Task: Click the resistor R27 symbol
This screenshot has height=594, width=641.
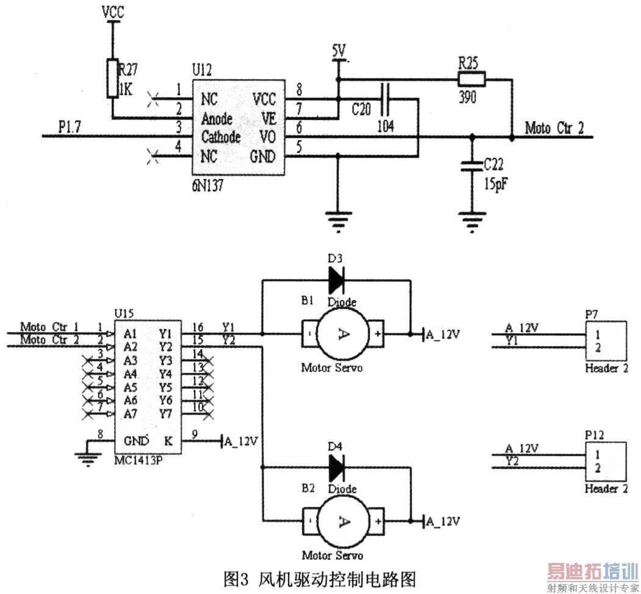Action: pyautogui.click(x=112, y=78)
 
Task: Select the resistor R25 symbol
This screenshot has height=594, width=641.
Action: pyautogui.click(x=471, y=78)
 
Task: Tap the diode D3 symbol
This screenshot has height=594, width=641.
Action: pyautogui.click(x=336, y=280)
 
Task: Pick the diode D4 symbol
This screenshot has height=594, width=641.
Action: pyautogui.click(x=336, y=468)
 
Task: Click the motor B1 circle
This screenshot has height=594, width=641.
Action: pyautogui.click(x=342, y=334)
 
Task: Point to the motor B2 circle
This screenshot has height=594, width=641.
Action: pyautogui.click(x=342, y=522)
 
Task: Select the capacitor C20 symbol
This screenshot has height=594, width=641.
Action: pyautogui.click(x=385, y=99)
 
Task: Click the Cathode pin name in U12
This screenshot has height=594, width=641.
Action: pyautogui.click(x=221, y=136)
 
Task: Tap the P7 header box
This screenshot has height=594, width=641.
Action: pyautogui.click(x=606, y=341)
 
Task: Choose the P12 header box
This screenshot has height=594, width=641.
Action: pyautogui.click(x=606, y=461)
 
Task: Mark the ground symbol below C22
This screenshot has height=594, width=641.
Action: pyautogui.click(x=471, y=217)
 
